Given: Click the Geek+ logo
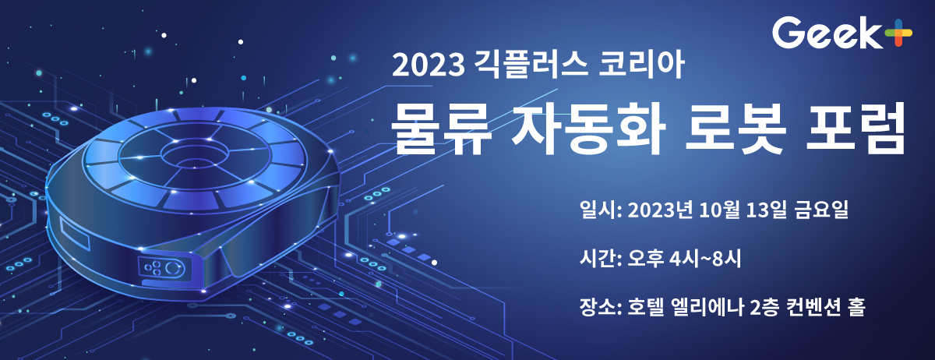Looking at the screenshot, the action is point(842,33).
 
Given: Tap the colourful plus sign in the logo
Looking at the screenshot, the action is point(898,33).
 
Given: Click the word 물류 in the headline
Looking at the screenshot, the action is point(441,129).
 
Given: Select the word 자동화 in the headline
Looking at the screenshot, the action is point(588,129).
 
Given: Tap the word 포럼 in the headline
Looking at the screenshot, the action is point(856,129).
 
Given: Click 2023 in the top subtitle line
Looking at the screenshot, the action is point(429,65).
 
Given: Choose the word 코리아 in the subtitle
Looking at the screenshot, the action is point(641,65).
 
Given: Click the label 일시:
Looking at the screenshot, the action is point(601,210).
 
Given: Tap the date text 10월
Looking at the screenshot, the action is point(719,210).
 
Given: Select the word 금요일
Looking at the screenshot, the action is point(821,210).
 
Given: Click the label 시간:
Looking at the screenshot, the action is point(601,259).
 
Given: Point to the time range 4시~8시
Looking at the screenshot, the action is point(705,259).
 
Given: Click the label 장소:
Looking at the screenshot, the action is point(601,307).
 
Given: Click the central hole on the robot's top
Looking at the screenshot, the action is point(196,156).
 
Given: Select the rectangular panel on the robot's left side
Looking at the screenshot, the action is point(75,234).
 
